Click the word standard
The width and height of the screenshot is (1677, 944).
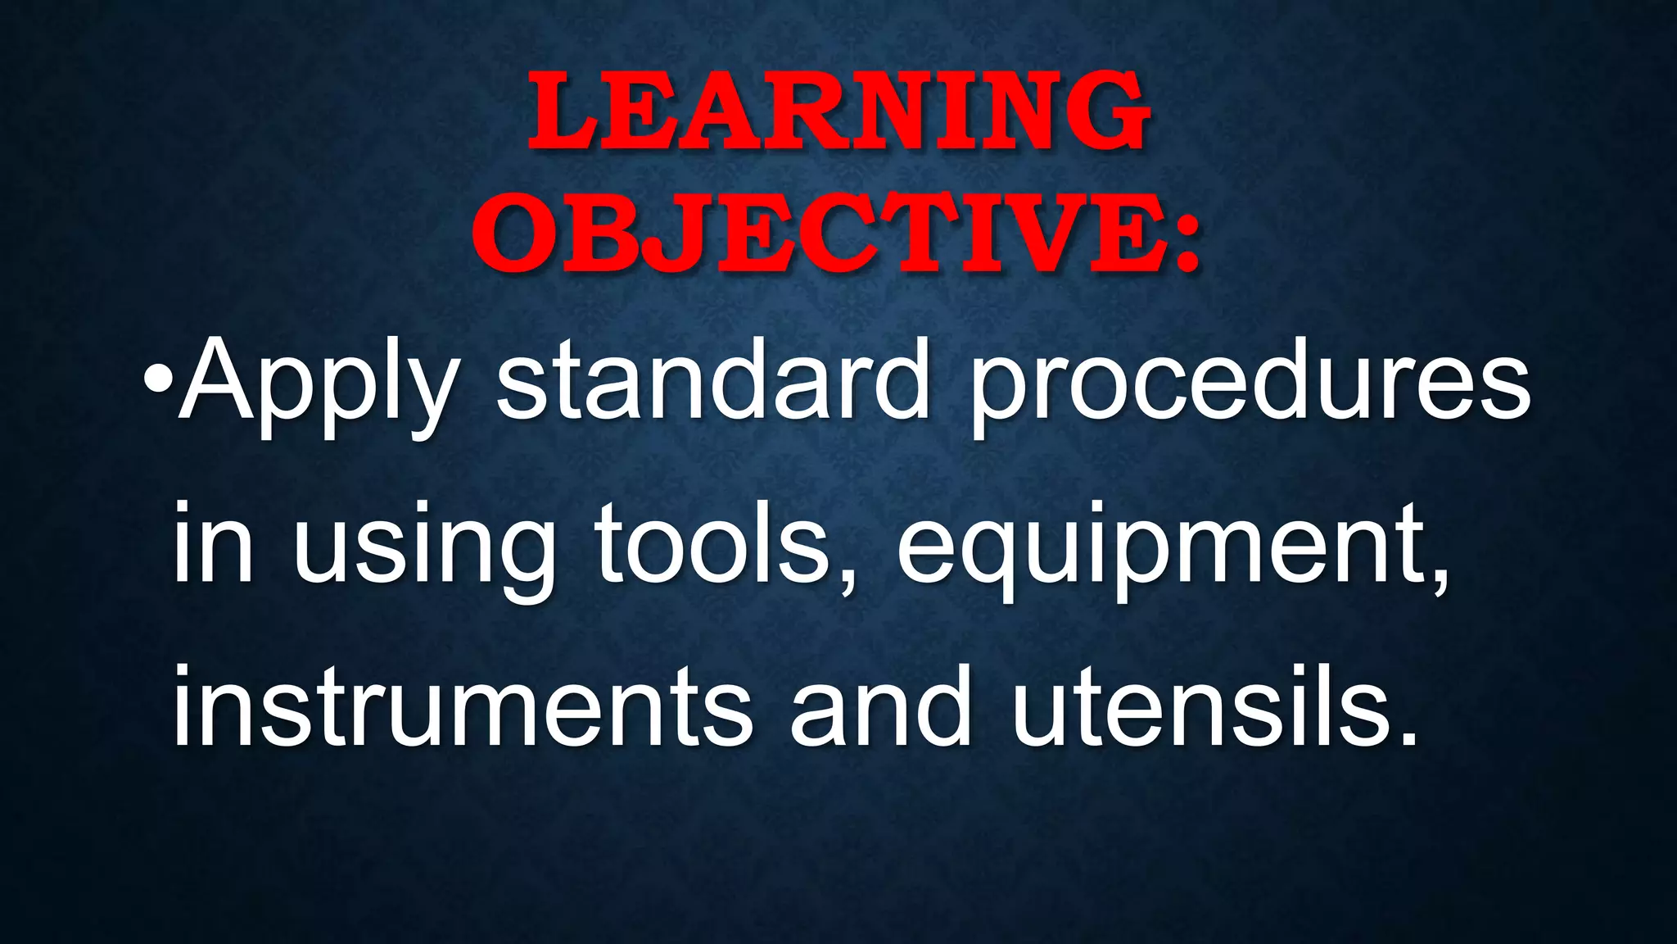(712, 381)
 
